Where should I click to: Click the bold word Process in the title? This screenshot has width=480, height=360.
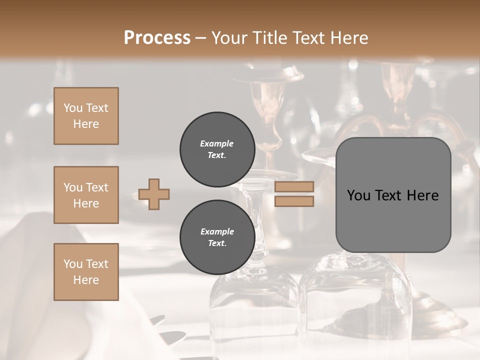(x=157, y=37)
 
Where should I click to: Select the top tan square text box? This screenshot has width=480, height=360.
(x=86, y=116)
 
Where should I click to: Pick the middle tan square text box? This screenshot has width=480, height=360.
(x=86, y=195)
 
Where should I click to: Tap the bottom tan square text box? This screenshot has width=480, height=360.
(x=86, y=272)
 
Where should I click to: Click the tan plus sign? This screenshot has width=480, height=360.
(x=154, y=194)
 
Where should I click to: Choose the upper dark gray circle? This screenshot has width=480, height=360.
(x=217, y=149)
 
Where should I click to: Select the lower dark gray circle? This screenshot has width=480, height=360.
(x=217, y=237)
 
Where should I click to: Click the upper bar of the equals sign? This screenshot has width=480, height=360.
(x=294, y=187)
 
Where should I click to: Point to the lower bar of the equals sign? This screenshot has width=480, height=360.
(x=294, y=201)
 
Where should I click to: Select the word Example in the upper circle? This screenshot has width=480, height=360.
(x=217, y=143)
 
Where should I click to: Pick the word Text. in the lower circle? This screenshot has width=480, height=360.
(x=217, y=243)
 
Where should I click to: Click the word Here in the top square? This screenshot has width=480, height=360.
(x=86, y=124)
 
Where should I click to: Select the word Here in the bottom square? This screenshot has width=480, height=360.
(x=86, y=280)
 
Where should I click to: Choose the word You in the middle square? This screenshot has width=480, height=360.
(x=73, y=187)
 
